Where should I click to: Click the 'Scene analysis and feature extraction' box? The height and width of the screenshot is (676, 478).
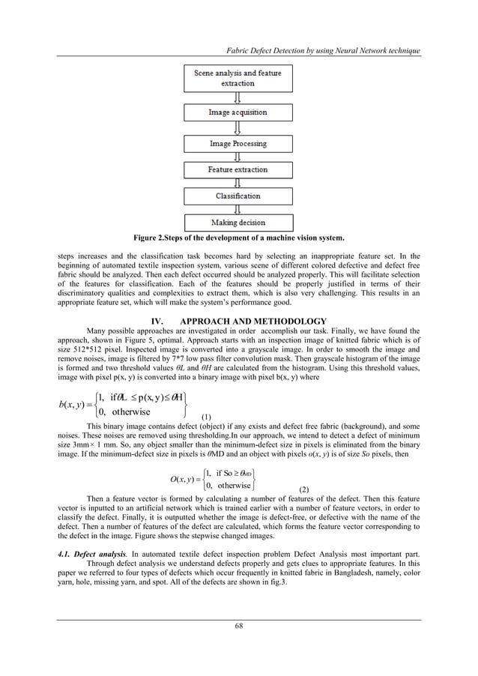[238, 78]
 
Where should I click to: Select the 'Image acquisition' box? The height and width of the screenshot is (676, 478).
[238, 112]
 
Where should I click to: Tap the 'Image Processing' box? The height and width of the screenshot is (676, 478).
[238, 143]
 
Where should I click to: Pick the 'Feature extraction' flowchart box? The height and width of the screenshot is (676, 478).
[238, 170]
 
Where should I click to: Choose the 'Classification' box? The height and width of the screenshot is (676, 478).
[238, 196]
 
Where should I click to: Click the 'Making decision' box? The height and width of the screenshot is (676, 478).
[238, 222]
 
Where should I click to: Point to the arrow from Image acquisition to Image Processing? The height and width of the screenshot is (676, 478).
[238, 128]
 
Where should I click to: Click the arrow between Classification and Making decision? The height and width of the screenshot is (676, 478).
[238, 209]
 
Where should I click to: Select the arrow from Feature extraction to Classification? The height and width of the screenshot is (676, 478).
[238, 183]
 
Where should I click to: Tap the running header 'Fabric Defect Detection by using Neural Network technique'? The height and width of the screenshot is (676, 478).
[317, 50]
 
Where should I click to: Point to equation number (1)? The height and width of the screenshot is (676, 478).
[207, 416]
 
